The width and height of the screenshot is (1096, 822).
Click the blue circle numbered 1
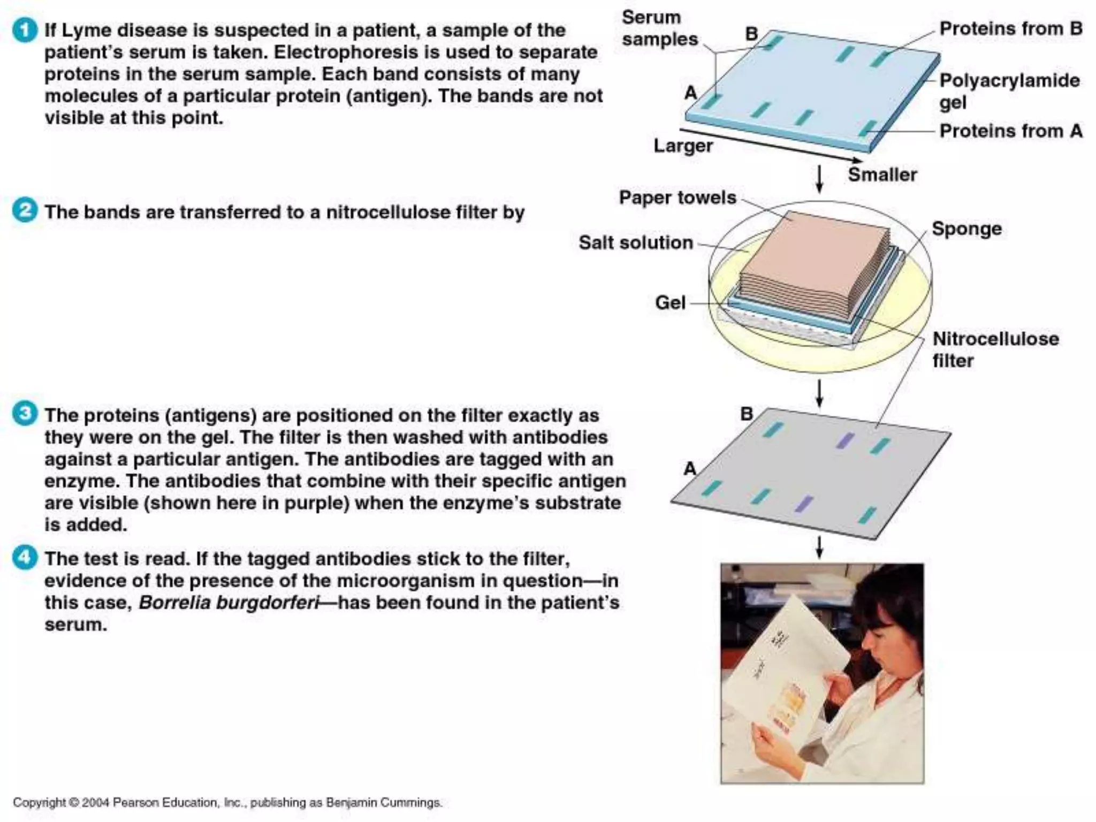[x=25, y=30]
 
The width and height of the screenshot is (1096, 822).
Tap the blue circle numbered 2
[x=25, y=210]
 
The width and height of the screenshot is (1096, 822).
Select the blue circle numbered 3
[x=25, y=414]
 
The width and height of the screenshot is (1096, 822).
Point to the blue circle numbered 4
[x=25, y=557]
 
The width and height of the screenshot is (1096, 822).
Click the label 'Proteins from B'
[x=1010, y=28]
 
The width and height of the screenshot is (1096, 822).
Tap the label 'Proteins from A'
[x=1010, y=131]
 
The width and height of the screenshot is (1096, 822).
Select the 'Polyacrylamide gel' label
[x=1009, y=91]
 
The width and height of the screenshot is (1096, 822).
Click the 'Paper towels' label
[x=678, y=197]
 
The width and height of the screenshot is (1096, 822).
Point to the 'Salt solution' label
[x=635, y=242]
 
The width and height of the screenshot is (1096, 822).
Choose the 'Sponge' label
[x=966, y=229]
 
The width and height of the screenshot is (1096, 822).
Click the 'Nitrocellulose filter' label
[x=995, y=349]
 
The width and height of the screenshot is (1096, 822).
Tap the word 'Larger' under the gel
[x=683, y=146]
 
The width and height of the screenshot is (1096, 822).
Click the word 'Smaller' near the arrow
[x=882, y=174]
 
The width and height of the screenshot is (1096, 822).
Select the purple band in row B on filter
[x=845, y=440]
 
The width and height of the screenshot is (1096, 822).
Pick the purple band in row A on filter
[x=803, y=504]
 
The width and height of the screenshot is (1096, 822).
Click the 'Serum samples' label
[x=659, y=28]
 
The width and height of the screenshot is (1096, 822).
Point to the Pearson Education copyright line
[x=227, y=803]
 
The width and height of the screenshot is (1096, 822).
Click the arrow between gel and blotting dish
[x=819, y=179]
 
